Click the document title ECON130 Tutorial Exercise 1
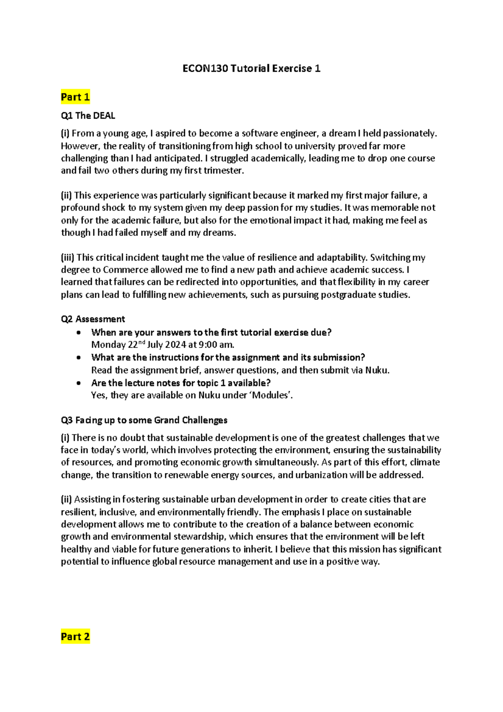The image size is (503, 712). coord(251,68)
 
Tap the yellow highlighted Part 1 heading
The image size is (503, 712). coord(75,97)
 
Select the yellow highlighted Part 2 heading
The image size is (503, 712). coord(75,637)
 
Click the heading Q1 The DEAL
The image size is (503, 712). coord(88,115)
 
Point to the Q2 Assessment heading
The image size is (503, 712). coord(93,319)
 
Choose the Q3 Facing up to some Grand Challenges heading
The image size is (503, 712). coord(144,420)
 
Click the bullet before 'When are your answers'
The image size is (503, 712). coord(78,333)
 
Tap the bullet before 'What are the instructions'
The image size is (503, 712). coord(78,358)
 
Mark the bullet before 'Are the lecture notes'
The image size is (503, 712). coord(78,383)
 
